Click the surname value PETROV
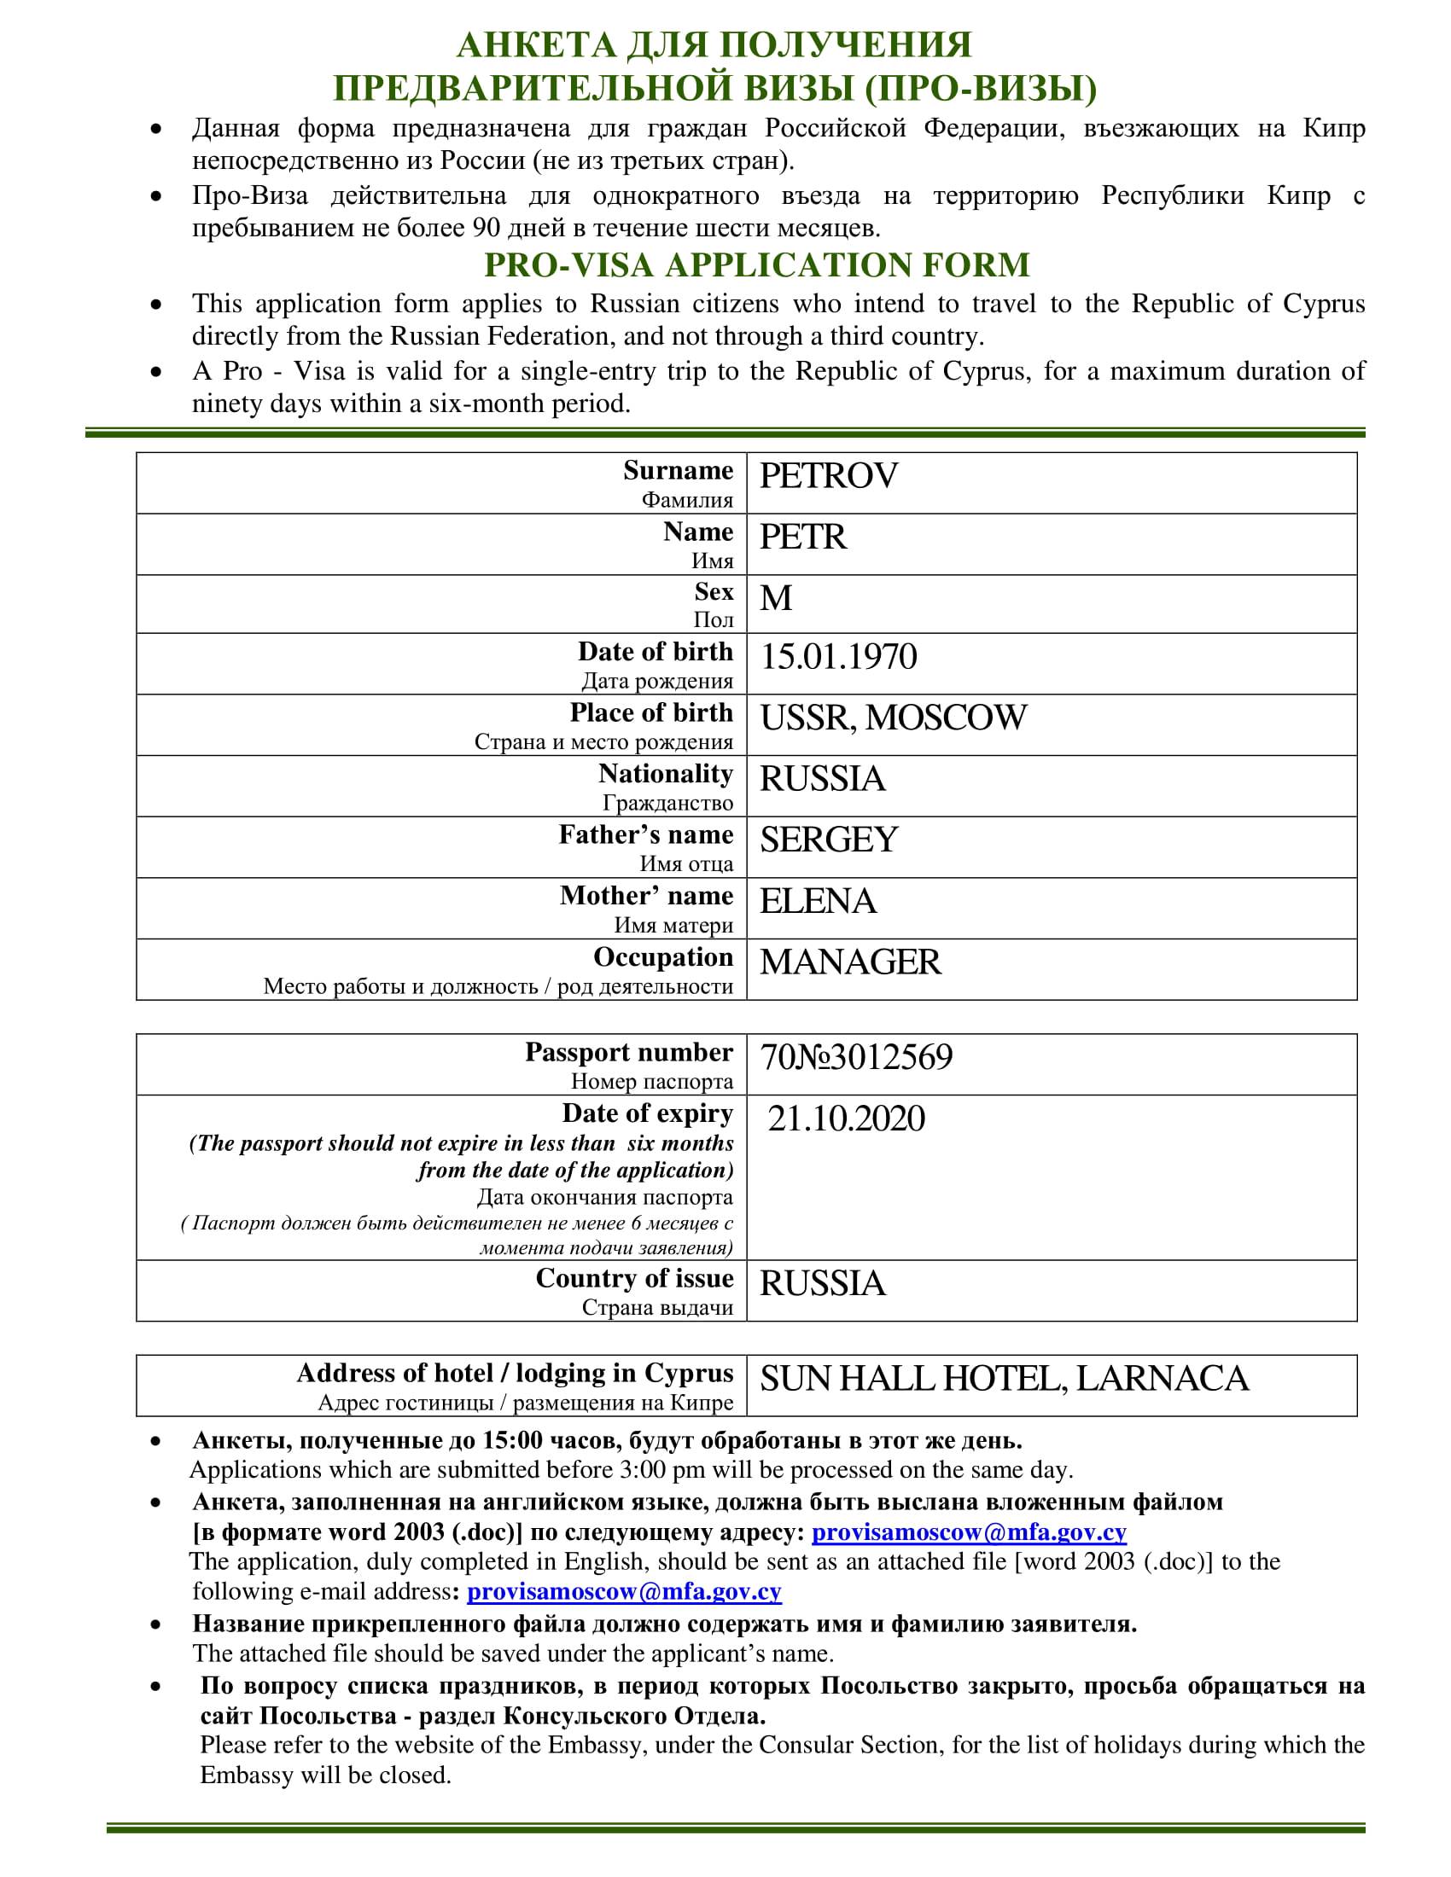coord(828,476)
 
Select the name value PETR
coord(803,537)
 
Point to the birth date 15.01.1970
coord(838,658)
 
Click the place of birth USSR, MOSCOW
coord(893,718)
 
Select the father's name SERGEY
coord(828,840)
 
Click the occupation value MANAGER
coord(850,962)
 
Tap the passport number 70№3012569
coord(856,1057)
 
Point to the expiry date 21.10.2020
coord(846,1119)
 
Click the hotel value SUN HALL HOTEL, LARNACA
coord(1003,1379)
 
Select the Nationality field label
coord(666,775)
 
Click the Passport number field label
coord(628,1053)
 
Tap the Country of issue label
coord(634,1279)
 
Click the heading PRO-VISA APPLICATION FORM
coord(756,264)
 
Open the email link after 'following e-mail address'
coord(624,1592)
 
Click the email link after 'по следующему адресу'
coord(969,1531)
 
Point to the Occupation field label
coord(662,957)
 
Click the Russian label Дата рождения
coord(656,681)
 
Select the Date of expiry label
coord(647,1113)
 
